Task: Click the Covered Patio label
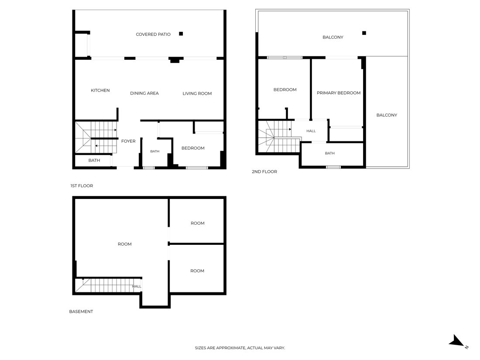[153, 34]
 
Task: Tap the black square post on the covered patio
[181, 34]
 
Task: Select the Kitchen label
[100, 90]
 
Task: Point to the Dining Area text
[144, 93]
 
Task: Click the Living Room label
[197, 94]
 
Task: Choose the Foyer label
[128, 141]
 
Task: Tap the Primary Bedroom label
[339, 93]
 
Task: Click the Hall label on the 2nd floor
[311, 131]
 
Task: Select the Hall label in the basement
[137, 286]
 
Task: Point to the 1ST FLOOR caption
[82, 186]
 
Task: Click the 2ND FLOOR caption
[264, 172]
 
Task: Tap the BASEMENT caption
[81, 312]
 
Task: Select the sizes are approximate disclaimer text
[240, 348]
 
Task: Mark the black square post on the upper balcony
[364, 33]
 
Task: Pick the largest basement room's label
[125, 244]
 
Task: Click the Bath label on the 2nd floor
[330, 153]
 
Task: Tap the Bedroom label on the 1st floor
[193, 148]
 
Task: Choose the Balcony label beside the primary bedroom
[387, 115]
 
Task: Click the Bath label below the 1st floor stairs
[94, 161]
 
